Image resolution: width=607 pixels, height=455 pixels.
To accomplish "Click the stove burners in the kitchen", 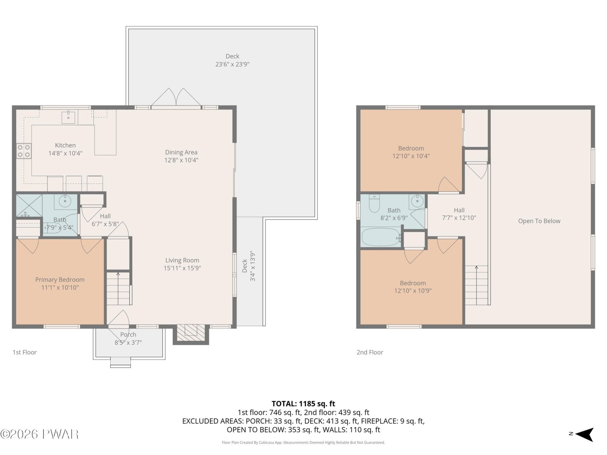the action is [24, 151].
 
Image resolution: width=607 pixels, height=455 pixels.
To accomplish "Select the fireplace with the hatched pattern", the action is [190, 333].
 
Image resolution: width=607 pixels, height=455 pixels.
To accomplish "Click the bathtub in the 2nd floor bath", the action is [381, 237].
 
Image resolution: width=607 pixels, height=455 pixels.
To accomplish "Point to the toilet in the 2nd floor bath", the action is [374, 203].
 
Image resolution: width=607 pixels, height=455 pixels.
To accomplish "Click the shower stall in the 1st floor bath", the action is [29, 206].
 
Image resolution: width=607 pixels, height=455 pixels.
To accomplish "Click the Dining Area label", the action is [181, 152].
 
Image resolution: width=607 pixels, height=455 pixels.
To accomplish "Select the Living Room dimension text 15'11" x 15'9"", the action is [182, 268].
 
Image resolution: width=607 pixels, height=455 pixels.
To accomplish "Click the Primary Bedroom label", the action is [60, 279].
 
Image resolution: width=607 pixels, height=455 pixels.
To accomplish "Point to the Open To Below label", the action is [539, 221].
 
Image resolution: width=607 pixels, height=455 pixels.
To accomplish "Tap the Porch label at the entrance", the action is [128, 334].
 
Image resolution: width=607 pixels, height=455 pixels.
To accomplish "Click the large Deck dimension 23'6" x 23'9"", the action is [232, 64].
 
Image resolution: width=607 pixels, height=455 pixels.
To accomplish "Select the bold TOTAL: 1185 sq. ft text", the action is [303, 404].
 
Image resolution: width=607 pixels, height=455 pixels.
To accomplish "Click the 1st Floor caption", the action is [25, 352].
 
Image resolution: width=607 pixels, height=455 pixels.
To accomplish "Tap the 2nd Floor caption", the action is [370, 352].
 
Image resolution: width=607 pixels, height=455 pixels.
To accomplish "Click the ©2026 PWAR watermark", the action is [39, 434].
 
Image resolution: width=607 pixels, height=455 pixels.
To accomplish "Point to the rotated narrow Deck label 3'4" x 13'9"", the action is [248, 266].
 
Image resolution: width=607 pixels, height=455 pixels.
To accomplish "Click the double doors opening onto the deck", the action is [176, 98].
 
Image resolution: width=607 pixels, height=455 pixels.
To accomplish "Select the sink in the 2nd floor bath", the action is [417, 201].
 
